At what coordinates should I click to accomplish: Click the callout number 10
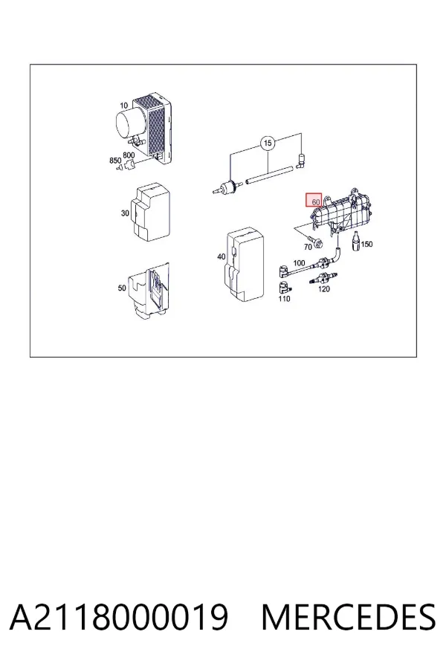point(124,106)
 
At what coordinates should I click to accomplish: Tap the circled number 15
point(268,143)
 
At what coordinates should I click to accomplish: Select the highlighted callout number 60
point(316,201)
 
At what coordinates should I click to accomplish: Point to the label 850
point(115,161)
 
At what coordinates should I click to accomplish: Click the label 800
point(129,155)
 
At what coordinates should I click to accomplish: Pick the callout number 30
point(125,213)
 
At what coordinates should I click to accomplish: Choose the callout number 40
point(221,256)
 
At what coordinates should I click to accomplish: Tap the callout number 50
point(122,288)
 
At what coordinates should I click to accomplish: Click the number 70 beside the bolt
point(308,247)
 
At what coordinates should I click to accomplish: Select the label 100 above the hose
point(299,263)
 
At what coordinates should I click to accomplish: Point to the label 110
point(284,299)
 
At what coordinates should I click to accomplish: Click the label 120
point(324,289)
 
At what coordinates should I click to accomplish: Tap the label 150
point(366,244)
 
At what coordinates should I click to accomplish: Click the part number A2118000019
point(119,617)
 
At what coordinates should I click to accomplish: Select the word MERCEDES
point(349,617)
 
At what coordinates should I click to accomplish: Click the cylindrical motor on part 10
point(130,121)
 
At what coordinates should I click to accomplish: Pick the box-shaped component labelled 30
point(152,213)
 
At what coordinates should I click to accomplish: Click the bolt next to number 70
point(317,242)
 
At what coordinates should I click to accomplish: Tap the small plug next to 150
point(355,242)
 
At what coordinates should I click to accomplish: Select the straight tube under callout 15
point(270,175)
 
